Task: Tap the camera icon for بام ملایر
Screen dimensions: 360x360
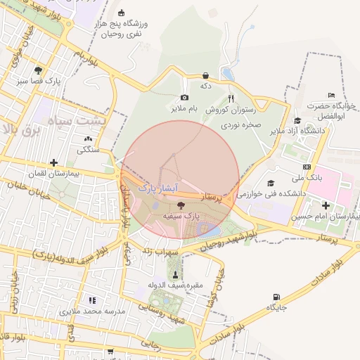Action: click(184, 98)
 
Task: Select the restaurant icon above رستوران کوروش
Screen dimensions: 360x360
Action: click(231, 98)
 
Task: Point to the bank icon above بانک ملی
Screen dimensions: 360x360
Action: click(307, 167)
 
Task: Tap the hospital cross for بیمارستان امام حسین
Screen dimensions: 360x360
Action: click(326, 205)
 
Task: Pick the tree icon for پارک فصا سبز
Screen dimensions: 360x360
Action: click(37, 70)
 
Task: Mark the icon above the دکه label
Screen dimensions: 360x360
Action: click(205, 75)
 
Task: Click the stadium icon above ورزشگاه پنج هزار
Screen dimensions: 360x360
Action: click(121, 13)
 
